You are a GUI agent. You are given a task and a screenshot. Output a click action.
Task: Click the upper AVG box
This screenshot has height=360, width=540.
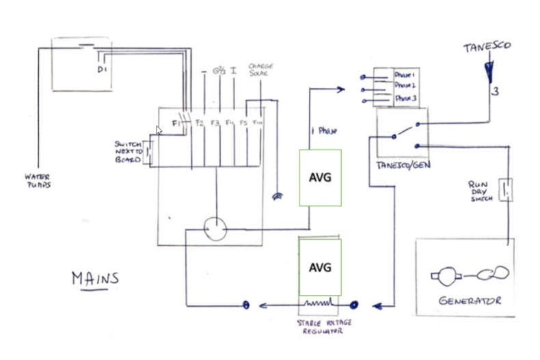coord(319,177)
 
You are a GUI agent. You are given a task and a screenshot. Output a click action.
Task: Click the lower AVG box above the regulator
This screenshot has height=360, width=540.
coord(319,267)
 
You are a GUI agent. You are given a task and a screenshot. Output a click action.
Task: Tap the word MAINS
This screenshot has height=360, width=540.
coord(95,279)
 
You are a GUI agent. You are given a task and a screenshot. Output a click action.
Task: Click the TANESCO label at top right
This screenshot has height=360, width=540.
coord(487,47)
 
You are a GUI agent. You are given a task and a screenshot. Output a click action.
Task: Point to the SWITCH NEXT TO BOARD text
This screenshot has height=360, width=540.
coord(127,152)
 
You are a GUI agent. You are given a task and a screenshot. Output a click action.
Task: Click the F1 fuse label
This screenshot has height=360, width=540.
coord(176,123)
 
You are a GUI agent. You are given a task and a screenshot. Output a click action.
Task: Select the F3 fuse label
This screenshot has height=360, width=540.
coord(215,123)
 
